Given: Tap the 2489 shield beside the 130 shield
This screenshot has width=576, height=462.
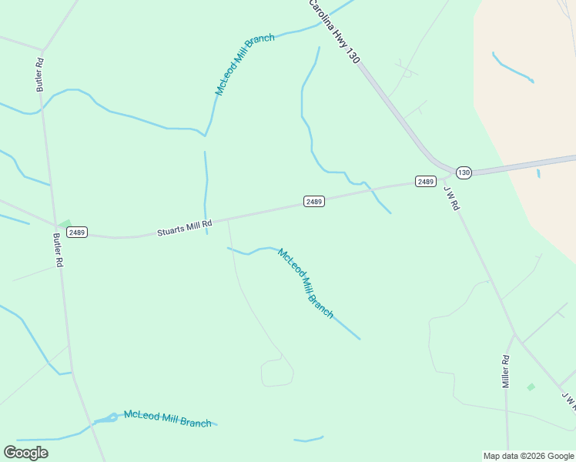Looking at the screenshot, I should pos(426,181).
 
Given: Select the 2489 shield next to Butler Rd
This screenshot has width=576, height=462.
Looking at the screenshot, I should pos(76,232).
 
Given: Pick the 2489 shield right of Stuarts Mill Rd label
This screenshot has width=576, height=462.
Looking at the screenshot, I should pos(313,202).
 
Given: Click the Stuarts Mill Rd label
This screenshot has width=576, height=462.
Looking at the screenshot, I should pos(184,227).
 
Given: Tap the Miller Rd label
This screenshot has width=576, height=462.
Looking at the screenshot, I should pos(506,371).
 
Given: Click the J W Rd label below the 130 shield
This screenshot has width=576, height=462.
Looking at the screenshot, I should pos(451,199).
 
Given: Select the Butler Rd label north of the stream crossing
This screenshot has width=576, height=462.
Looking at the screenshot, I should pos(40,74).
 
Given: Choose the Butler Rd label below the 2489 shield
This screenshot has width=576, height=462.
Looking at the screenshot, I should pos(58,249).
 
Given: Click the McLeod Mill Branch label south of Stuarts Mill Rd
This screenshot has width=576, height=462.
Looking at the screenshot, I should pos(306,283).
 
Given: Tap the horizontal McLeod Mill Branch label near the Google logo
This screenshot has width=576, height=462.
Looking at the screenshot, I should pos(167,418).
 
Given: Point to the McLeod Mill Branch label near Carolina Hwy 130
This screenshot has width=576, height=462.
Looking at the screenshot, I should pos(245,65).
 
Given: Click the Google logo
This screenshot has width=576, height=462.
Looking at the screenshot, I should pos(25,453).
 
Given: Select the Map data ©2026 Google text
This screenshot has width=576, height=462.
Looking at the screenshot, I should pos(529,456).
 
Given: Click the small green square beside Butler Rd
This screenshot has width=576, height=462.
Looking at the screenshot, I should pos(65,224).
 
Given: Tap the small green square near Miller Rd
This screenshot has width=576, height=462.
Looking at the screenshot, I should pos(531,387).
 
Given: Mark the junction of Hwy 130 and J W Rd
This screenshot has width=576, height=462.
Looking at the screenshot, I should pos(449,173).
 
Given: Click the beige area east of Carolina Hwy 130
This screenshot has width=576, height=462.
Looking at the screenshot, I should pos(524,115).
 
